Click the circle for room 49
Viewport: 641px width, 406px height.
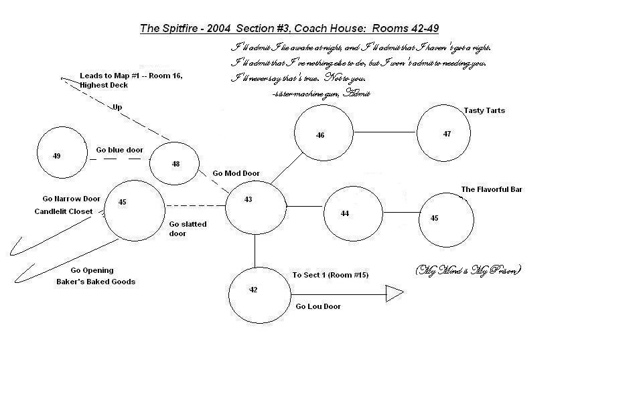coord(62,153)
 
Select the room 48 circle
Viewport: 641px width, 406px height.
coord(174,163)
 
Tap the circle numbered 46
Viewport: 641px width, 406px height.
coord(323,133)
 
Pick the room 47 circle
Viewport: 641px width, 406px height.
coord(446,132)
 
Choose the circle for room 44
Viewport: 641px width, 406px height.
coord(353,213)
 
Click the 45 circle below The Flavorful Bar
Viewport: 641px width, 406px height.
coord(446,219)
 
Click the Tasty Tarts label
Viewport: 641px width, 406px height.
coord(484,111)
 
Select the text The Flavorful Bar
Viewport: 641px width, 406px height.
coord(491,190)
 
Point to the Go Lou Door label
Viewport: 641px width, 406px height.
coord(318,306)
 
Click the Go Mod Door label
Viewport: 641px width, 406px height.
coord(236,173)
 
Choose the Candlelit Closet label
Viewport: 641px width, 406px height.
coord(64,211)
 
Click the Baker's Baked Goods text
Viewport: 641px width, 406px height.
coord(95,282)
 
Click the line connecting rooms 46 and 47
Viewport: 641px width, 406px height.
coord(384,132)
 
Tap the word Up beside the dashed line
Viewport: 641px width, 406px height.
coord(117,107)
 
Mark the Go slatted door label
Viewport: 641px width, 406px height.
coord(188,229)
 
